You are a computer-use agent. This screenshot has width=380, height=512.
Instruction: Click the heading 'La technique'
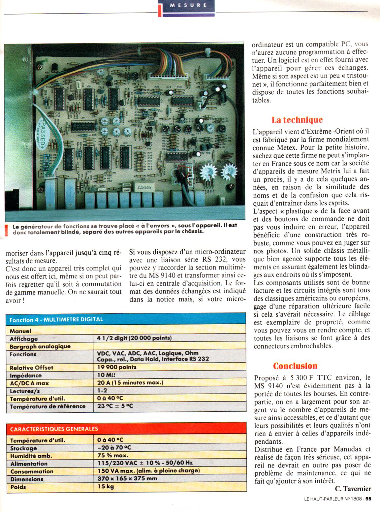pos(297,120)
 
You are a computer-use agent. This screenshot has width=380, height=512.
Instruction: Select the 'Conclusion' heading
pos(295,366)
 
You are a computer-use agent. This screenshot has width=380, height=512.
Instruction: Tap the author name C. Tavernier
pos(353,489)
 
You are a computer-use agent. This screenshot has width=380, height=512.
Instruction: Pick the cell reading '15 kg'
pos(106,487)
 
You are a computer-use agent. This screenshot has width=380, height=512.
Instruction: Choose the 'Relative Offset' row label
pos(31,368)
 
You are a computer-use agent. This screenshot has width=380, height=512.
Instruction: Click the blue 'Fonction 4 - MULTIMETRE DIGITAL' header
pos(56,320)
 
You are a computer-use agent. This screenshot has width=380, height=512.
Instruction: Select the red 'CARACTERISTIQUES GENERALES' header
pos(54,429)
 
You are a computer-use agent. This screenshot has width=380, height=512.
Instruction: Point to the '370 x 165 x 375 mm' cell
pos(127,479)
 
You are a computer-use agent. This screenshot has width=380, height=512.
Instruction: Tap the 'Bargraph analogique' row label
pos(40,346)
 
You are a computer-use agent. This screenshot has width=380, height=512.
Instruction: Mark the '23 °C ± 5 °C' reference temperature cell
pos(115,406)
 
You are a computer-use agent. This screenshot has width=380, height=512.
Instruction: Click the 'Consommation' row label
pos(32,471)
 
